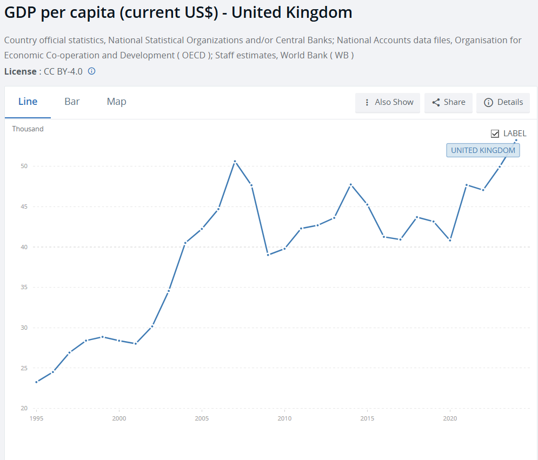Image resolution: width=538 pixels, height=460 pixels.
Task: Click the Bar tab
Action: (x=72, y=102)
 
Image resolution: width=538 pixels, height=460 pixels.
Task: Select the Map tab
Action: (x=116, y=102)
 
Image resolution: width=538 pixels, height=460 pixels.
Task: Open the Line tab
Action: (x=28, y=102)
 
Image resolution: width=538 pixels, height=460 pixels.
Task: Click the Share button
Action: (x=448, y=102)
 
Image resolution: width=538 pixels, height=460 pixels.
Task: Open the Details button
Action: (x=503, y=102)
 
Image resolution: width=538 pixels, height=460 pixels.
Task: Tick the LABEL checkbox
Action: (x=495, y=134)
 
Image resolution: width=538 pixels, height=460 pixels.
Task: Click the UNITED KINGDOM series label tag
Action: (x=483, y=150)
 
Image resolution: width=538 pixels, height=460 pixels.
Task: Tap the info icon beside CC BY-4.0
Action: (x=91, y=71)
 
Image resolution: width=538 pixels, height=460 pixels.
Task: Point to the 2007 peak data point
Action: (x=235, y=162)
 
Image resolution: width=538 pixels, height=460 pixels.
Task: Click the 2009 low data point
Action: (x=268, y=255)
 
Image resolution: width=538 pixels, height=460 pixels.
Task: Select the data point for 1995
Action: (x=36, y=382)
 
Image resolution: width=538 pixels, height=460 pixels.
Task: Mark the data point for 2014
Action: (x=350, y=184)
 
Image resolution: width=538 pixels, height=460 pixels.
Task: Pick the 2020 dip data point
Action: (x=450, y=240)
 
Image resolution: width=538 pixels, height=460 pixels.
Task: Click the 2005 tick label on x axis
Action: (x=202, y=418)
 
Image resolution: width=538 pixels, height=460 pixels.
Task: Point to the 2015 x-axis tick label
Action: (x=367, y=418)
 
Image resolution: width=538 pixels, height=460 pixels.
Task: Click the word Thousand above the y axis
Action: (x=28, y=129)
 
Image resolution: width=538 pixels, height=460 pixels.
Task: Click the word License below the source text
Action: (x=19, y=71)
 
